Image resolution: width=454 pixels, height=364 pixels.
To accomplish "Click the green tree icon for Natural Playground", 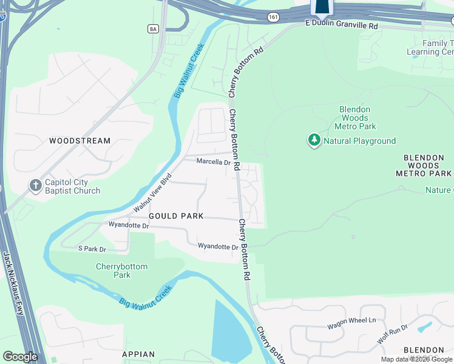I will point(314,141).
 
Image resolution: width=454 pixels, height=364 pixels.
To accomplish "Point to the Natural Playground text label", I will point(359,141).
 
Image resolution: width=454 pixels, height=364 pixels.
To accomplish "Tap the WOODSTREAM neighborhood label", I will point(80,141).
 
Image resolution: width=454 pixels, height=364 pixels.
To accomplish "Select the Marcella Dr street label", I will point(214,162).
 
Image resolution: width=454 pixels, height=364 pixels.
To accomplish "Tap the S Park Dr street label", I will point(92,249).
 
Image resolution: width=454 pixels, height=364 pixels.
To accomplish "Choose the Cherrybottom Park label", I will point(121,271).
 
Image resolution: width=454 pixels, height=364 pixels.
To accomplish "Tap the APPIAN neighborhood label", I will point(138,354).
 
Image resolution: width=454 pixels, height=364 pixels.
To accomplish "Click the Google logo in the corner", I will point(20,357).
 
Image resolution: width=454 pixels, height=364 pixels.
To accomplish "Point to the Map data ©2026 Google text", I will point(416,359).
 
